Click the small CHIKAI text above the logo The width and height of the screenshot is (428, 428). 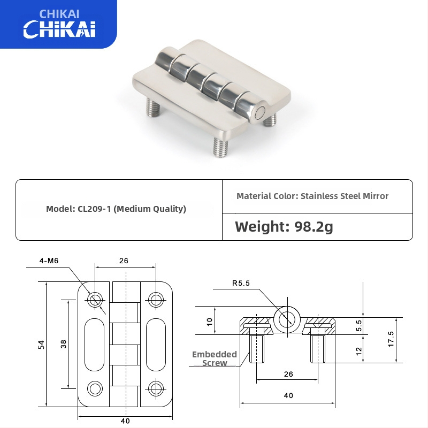point(59,13)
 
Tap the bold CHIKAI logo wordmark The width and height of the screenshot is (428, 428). point(59,29)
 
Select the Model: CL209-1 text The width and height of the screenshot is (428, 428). point(116,209)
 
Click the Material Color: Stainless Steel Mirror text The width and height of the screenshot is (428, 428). point(312,196)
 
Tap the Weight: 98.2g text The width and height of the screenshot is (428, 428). point(284,226)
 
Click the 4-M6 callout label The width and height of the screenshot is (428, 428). point(49,261)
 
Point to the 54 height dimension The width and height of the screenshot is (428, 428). point(41,345)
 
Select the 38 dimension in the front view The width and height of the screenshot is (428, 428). point(64,344)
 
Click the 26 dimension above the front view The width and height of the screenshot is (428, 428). point(124,261)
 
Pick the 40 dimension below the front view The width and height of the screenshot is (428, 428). point(125,421)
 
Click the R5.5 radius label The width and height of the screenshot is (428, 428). point(241,284)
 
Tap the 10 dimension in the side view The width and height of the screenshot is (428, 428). point(210,321)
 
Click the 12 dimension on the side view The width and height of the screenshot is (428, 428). point(359,350)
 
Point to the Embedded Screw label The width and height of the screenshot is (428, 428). point(215,358)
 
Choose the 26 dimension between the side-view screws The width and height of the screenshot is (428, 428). point(288,374)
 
